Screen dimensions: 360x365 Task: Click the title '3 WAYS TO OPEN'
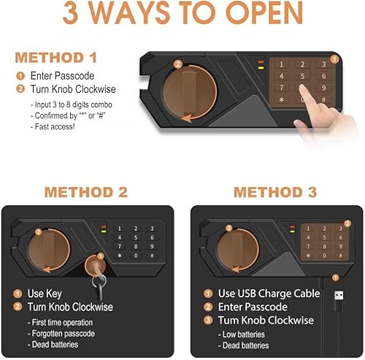pos(182,15)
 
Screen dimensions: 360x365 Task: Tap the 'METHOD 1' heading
pos(68,58)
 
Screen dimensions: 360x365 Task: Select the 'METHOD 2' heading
pos(86,193)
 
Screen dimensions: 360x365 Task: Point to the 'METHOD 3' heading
pos(275,193)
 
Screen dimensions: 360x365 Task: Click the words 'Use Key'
pos(46,294)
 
